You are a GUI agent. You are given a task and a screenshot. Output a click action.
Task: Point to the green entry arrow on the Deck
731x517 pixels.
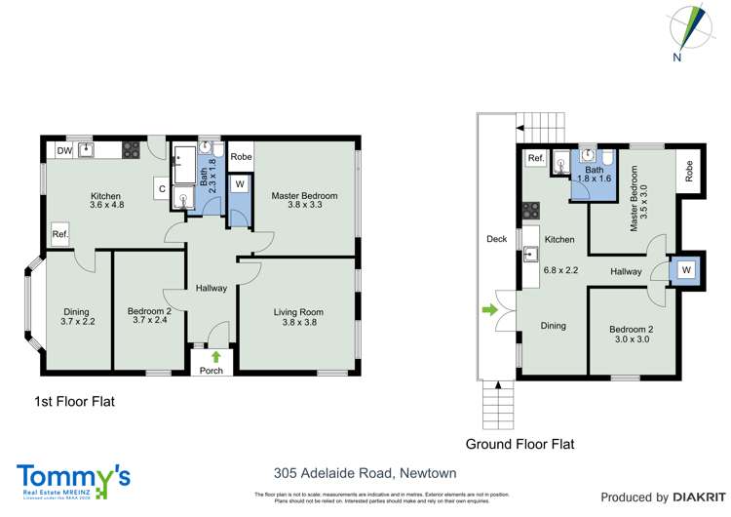(486, 311)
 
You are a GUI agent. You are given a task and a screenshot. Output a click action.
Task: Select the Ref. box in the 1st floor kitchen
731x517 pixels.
(60, 235)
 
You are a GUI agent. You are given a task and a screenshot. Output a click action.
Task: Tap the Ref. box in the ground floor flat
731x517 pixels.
(535, 159)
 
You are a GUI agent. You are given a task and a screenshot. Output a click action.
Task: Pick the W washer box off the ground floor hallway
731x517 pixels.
(685, 270)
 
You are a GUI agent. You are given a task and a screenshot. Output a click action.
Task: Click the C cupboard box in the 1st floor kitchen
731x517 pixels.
(159, 189)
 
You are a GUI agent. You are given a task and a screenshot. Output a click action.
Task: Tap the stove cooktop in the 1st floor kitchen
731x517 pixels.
(131, 150)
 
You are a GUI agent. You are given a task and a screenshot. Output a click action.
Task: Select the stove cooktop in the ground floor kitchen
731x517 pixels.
(531, 210)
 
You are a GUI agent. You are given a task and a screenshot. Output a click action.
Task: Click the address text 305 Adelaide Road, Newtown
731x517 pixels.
(365, 474)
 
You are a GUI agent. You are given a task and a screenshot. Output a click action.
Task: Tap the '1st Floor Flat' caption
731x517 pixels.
(76, 401)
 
